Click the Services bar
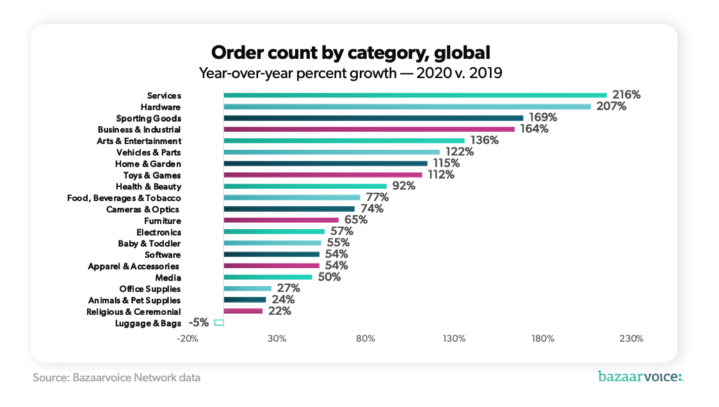(415, 95)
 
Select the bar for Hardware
(407, 107)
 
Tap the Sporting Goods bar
(373, 118)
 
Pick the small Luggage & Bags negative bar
(219, 323)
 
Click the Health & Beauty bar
(305, 186)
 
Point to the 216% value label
(626, 95)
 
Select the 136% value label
(485, 141)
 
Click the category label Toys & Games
(152, 175)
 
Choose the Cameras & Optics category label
(143, 209)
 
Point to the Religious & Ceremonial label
(134, 312)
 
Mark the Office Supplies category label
(150, 289)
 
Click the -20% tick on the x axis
(187, 339)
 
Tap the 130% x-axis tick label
(454, 339)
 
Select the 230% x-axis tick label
(631, 339)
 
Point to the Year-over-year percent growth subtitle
(350, 73)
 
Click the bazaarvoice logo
(640, 376)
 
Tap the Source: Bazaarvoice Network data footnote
(117, 378)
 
